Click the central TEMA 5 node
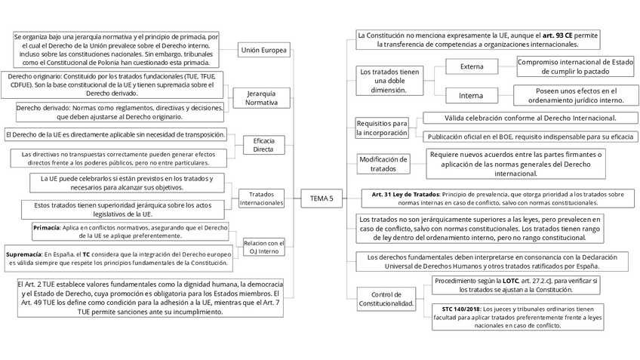point(321,198)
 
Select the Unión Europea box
point(263,51)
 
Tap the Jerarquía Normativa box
point(261,97)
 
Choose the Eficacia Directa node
point(263,144)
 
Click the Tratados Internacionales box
point(261,198)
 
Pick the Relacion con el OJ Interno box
point(264,247)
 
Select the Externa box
point(472,66)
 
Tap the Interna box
point(472,96)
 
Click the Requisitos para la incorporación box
point(381,128)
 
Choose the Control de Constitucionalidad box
point(386,298)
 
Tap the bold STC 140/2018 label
point(460,309)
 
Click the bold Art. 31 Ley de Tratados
point(405,194)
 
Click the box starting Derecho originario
point(112,85)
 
